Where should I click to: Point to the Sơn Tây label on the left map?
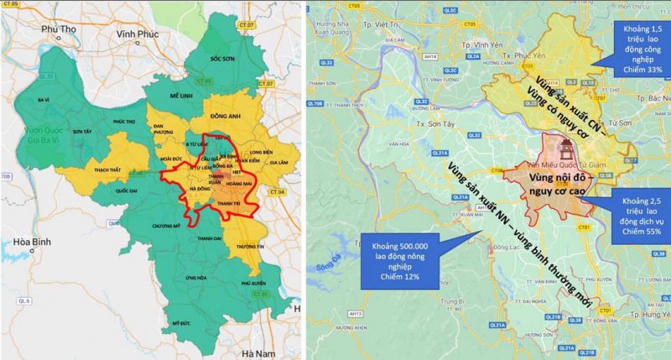[82, 132]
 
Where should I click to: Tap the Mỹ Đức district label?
[181, 322]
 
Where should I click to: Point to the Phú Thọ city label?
[55, 29]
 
